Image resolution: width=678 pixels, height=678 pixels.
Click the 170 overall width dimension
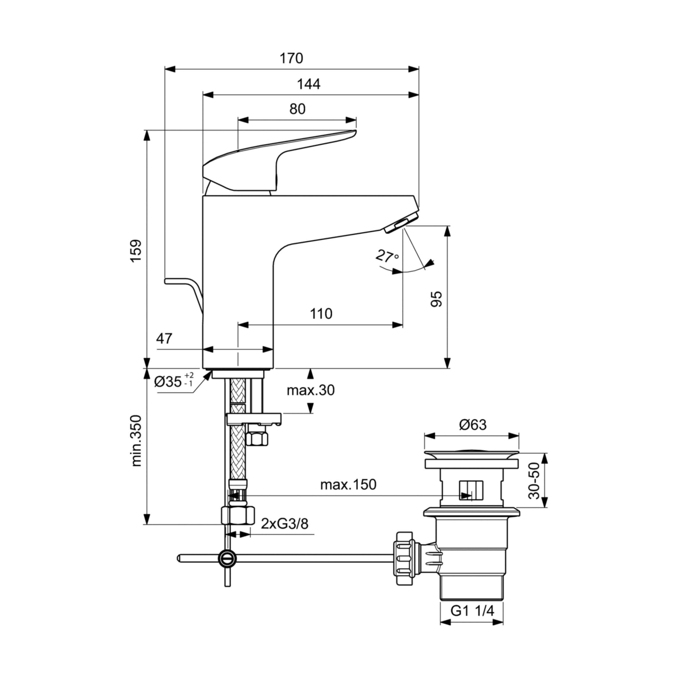pos(291,58)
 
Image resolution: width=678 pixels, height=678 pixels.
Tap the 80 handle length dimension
pos(297,109)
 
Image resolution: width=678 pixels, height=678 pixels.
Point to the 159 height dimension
pos(136,250)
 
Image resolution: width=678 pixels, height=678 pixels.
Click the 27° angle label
pos(387,256)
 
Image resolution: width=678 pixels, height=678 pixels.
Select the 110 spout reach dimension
pos(321,314)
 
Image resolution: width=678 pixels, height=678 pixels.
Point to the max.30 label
pos(311,390)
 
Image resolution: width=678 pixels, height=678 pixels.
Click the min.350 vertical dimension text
pos(136,441)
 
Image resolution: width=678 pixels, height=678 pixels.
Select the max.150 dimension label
pos(348,485)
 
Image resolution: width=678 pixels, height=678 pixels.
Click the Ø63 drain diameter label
pos(473,425)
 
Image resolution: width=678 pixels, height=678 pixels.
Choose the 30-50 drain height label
pos(534,480)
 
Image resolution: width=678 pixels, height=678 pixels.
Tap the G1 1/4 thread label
pos(472,611)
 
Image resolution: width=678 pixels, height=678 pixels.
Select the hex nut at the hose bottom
pos(238,515)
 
